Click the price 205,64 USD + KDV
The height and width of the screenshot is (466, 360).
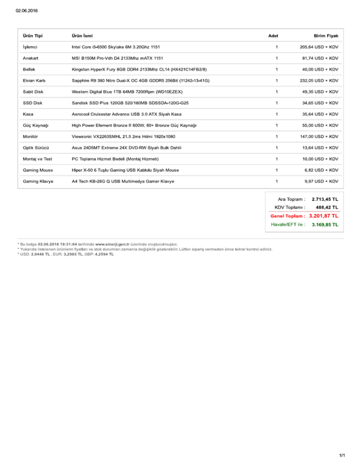point(319,47)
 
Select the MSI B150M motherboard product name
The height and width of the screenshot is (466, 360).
point(117,58)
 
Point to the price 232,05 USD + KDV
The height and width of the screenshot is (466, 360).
point(319,81)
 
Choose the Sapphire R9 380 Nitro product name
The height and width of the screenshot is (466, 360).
point(140,81)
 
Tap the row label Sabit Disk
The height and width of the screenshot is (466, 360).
point(33,92)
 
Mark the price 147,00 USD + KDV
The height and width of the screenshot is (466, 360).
point(319,136)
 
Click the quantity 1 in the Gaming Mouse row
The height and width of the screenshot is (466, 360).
point(277,170)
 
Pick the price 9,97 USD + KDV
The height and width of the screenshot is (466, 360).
point(321,181)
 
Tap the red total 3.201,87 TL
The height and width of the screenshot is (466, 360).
point(323,216)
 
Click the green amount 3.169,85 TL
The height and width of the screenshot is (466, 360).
point(325,225)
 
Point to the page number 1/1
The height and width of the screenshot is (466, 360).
point(342,455)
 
